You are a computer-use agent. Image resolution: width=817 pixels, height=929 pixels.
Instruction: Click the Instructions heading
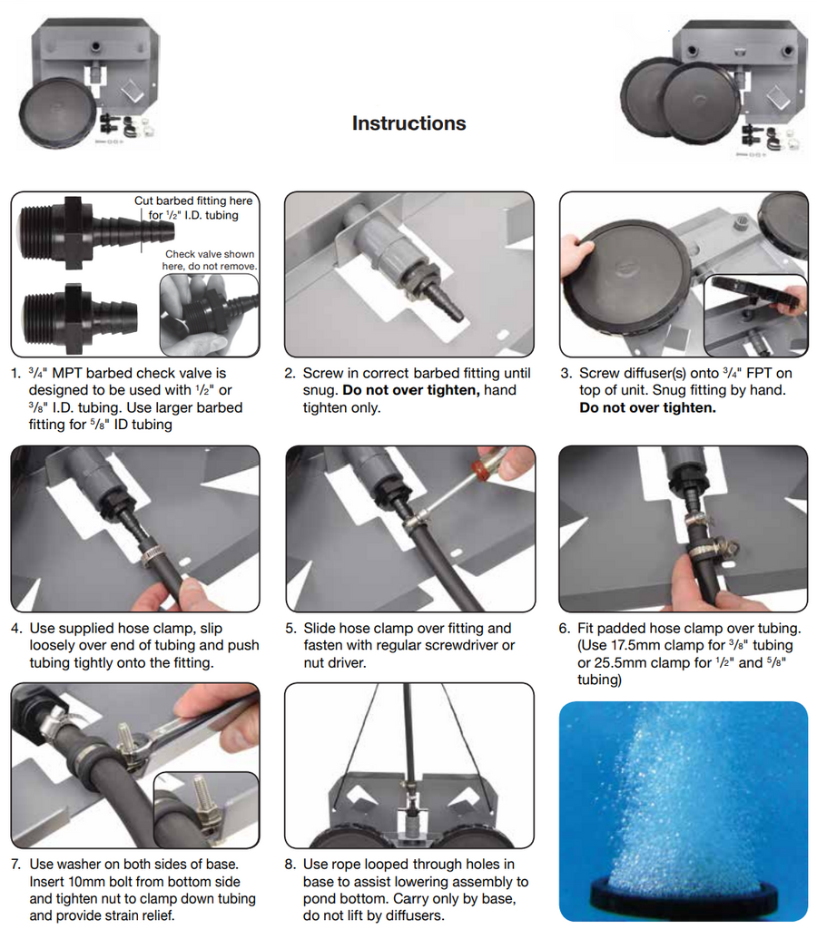pyautogui.click(x=408, y=123)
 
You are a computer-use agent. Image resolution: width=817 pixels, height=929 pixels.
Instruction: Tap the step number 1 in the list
pyautogui.click(x=15, y=373)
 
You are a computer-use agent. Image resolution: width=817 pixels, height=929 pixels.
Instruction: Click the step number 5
pyautogui.click(x=290, y=628)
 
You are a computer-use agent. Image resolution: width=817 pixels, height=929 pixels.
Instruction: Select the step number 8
pyautogui.click(x=290, y=865)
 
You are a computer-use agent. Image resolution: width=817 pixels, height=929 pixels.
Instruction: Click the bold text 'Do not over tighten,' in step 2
pyautogui.click(x=415, y=390)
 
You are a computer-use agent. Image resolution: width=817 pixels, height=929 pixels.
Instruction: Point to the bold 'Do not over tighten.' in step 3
pyautogui.click(x=647, y=407)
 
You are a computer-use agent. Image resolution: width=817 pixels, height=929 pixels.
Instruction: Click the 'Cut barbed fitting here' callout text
pyautogui.click(x=193, y=200)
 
